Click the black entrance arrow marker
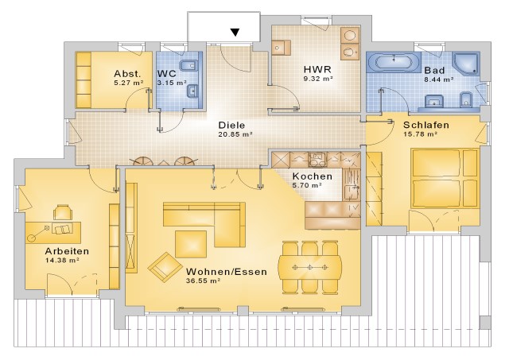coord(235,32)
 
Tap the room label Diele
coord(231,126)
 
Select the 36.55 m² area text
coord(204,281)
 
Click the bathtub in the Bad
coord(394,61)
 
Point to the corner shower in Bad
coord(467,64)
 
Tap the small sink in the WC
coord(192,91)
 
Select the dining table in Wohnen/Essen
coord(310,268)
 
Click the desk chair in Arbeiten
coord(63,212)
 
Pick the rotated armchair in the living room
coord(165,267)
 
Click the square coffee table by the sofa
coord(191,244)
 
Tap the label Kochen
coord(313,176)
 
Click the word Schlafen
coord(426,125)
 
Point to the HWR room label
coord(317,69)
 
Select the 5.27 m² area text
coord(129,83)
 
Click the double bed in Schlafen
coord(445,178)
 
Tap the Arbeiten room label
coord(67,251)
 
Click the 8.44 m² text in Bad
coord(439,79)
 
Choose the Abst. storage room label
coord(127,73)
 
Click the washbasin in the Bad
coord(435,101)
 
